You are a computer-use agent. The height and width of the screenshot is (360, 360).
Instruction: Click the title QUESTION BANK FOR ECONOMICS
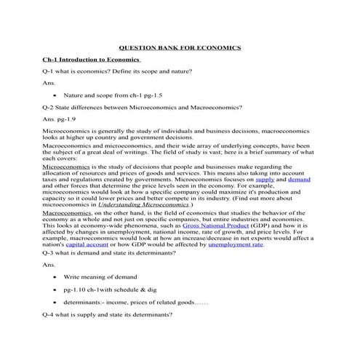[180, 46]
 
